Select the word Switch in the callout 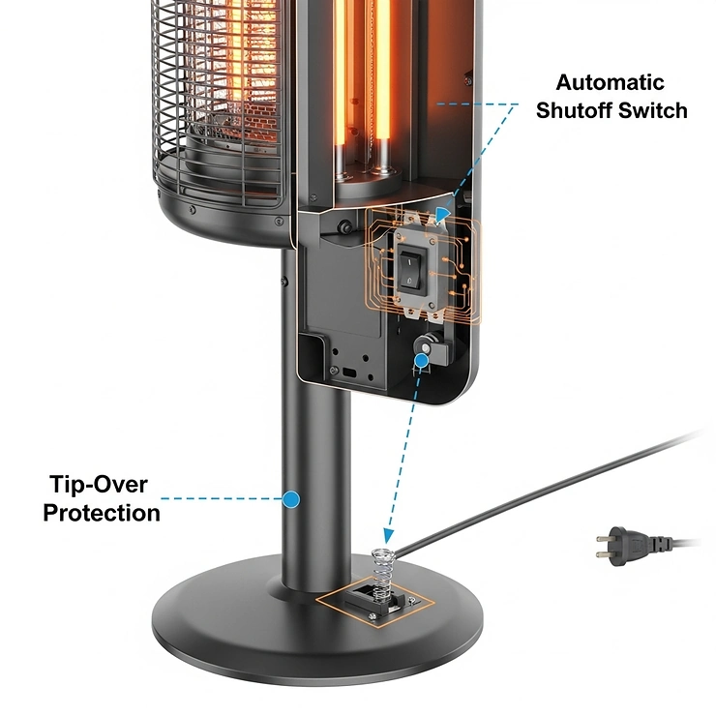(655, 110)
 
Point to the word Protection (102, 512)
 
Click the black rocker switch (413, 267)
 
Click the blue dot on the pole (290, 499)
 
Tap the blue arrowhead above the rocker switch (442, 216)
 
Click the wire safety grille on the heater (218, 97)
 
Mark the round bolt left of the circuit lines (343, 228)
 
